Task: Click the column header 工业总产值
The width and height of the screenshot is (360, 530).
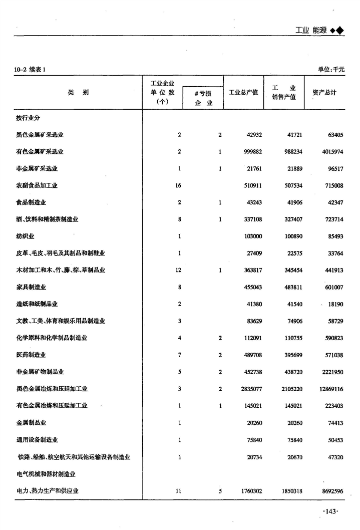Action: [x=243, y=93]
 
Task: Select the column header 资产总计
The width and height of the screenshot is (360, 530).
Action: [x=324, y=93]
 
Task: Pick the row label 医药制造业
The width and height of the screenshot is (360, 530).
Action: [x=31, y=355]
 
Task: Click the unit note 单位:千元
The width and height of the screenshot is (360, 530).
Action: [x=331, y=69]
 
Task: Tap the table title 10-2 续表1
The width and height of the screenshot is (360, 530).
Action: [x=30, y=69]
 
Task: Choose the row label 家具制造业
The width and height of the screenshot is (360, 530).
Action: [x=31, y=287]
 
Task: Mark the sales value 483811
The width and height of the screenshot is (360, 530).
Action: [x=285, y=287]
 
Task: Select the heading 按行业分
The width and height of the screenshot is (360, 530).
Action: [x=28, y=118]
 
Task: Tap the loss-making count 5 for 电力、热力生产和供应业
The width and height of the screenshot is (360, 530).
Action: [x=220, y=491]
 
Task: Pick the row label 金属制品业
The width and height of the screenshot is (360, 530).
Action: [x=31, y=423]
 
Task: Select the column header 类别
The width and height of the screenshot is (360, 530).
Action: [x=78, y=93]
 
